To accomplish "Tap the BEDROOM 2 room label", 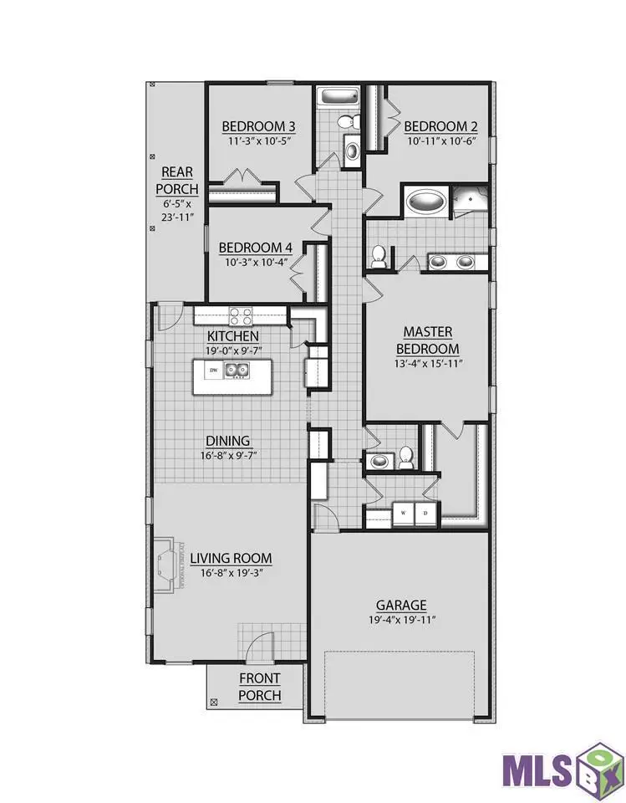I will tap(440, 126).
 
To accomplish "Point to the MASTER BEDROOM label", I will tap(427, 340).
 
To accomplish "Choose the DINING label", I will tap(227, 441).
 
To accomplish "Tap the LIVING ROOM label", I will tap(230, 558).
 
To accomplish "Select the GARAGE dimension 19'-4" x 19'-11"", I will tap(401, 620).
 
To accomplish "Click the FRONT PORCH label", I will tap(259, 687).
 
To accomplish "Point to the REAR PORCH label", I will tap(176, 181).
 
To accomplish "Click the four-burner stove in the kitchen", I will tap(242, 315).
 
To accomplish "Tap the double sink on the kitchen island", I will tap(235, 371).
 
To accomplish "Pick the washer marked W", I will tap(403, 513).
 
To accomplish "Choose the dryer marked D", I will tap(425, 513).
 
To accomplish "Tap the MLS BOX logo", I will tap(562, 765).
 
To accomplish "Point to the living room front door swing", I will tap(261, 646).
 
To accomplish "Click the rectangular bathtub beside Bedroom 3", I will tap(338, 98).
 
